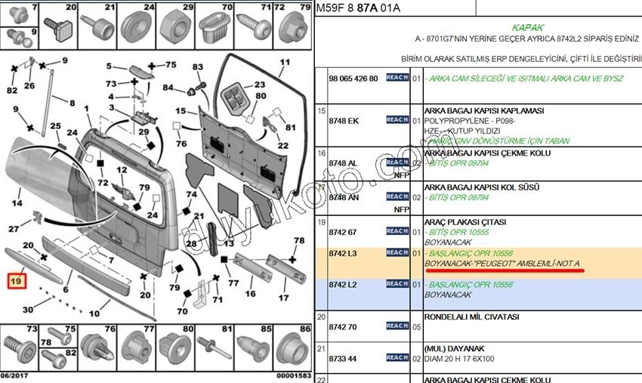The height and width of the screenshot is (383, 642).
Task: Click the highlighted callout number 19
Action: [x=17, y=282]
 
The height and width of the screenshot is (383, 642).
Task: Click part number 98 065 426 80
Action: [x=353, y=78]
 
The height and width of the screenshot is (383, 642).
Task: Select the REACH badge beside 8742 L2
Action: [x=397, y=284]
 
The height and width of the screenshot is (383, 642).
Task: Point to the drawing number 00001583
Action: [x=292, y=375]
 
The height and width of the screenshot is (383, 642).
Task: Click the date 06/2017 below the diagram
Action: [x=16, y=375]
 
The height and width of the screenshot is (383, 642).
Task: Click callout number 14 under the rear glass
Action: [x=17, y=203]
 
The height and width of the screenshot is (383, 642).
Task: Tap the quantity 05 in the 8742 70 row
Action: [x=416, y=326]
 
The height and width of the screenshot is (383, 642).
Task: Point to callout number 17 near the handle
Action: [x=284, y=298]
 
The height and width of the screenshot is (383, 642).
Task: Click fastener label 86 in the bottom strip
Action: [x=305, y=329]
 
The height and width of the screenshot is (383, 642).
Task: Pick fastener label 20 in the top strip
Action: [x=71, y=8]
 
